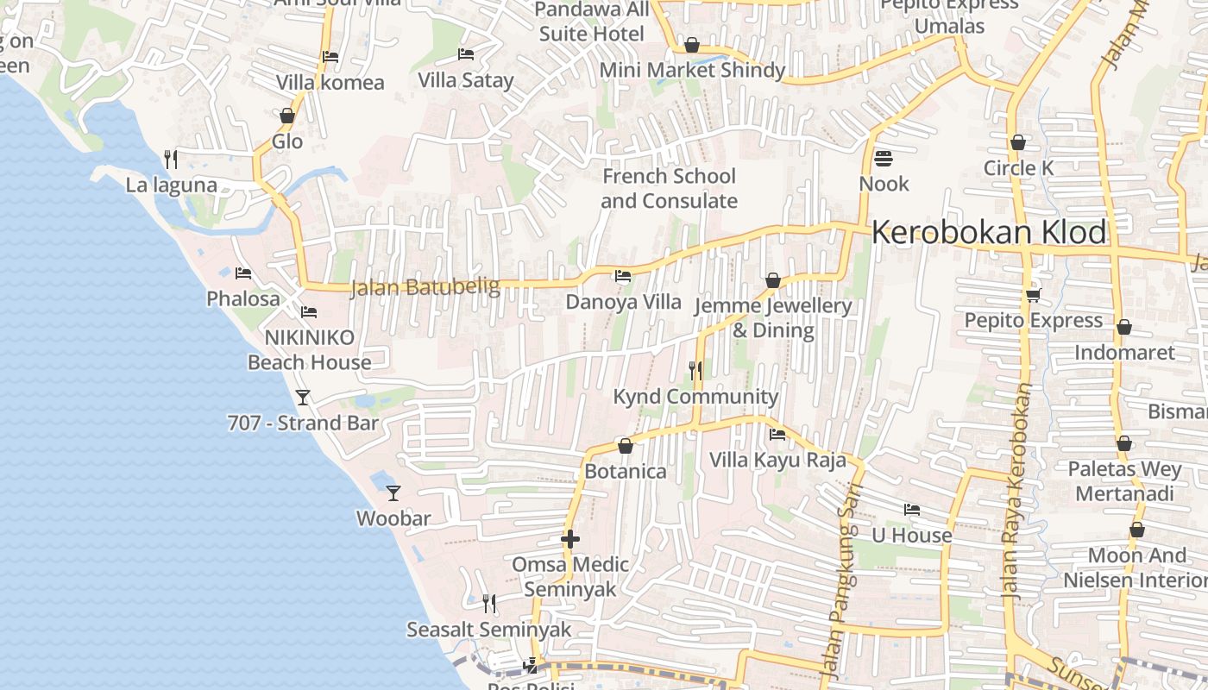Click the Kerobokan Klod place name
[989, 232]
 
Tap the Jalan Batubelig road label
[425, 287]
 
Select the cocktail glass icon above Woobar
[393, 492]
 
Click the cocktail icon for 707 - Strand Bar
[303, 398]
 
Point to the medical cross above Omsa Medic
[569, 539]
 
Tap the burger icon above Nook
[883, 159]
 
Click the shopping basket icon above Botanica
[626, 446]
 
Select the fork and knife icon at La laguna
[171, 159]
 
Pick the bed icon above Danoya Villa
[622, 276]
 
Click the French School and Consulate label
[669, 188]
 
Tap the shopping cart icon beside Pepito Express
[1033, 295]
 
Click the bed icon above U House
[911, 510]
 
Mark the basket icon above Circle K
[1018, 142]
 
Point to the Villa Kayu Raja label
[777, 460]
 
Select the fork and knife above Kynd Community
[695, 371]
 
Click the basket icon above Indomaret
[1123, 327]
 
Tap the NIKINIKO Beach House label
[309, 349]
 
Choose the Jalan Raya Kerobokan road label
[1016, 492]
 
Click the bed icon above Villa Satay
[466, 54]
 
